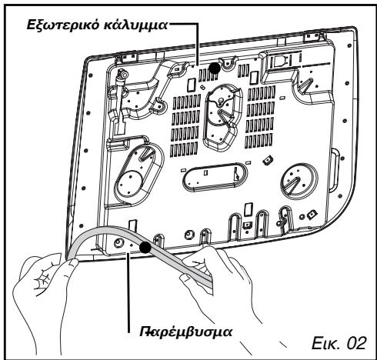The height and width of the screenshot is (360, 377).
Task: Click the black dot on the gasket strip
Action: click(x=144, y=246)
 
